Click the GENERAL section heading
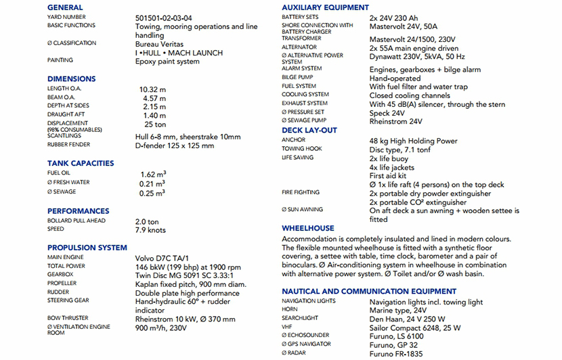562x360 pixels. (65, 7)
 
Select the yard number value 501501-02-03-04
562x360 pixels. (163, 17)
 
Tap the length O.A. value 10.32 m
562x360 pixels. (152, 89)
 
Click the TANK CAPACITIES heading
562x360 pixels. (81, 163)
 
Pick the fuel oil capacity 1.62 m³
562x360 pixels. (152, 174)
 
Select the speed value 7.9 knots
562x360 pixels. (150, 230)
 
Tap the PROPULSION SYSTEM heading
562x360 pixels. (87, 248)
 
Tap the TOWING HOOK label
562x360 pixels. (301, 149)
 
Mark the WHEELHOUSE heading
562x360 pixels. (307, 228)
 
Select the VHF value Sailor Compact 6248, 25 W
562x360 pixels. (415, 327)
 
